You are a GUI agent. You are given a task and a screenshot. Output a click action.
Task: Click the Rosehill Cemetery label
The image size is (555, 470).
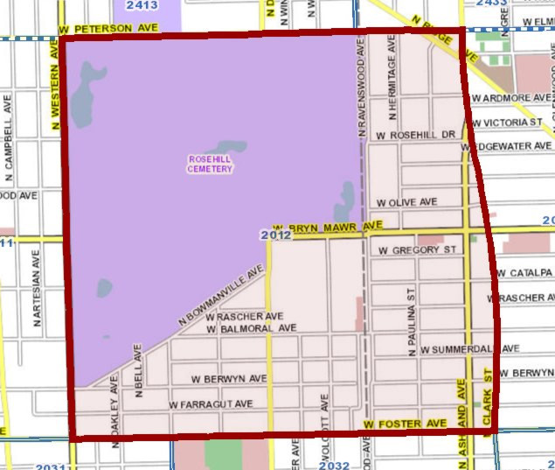pos(210,164)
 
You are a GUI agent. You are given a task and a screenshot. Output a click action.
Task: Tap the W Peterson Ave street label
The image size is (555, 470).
pos(108,29)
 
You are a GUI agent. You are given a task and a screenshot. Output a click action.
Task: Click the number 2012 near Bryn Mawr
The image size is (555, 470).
pos(275,235)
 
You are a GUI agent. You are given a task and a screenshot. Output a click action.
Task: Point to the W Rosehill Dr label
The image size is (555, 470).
pos(416,136)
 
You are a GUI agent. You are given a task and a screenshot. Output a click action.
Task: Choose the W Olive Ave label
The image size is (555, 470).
pos(406,202)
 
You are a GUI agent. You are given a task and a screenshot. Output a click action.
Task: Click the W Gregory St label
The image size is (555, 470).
pos(413,250)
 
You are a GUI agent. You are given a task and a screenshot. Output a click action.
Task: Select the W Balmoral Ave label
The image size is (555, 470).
pos(252,328)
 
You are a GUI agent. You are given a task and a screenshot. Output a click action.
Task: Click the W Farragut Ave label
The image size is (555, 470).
pos(211,404)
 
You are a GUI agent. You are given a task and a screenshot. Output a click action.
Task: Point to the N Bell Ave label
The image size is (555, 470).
pos(138,370)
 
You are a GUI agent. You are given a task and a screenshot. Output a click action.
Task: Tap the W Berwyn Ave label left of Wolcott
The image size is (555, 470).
pos(228,379)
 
